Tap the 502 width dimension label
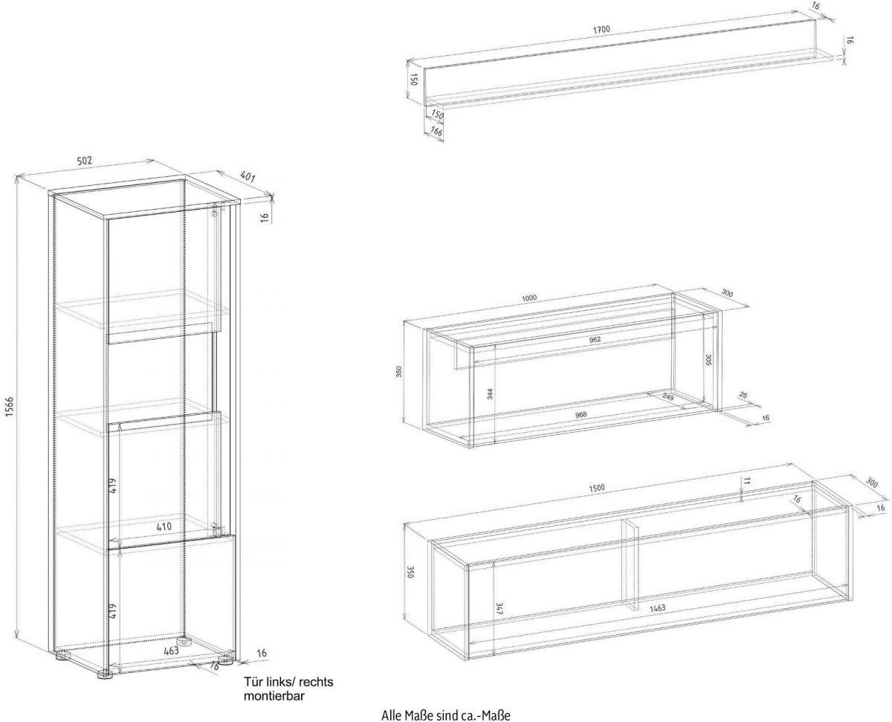pyautogui.click(x=84, y=161)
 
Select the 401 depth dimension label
pyautogui.click(x=248, y=177)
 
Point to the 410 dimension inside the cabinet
pyautogui.click(x=164, y=527)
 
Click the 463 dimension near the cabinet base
pyautogui.click(x=171, y=651)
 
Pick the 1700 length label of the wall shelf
pyautogui.click(x=601, y=30)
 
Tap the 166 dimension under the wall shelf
pyautogui.click(x=436, y=131)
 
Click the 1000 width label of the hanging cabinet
pyautogui.click(x=529, y=298)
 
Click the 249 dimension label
pyautogui.click(x=668, y=396)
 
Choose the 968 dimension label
pyautogui.click(x=581, y=414)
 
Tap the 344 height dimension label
pyautogui.click(x=491, y=393)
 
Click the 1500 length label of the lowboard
pyautogui.click(x=596, y=488)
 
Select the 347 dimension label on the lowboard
pyautogui.click(x=500, y=608)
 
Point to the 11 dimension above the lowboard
pyautogui.click(x=746, y=481)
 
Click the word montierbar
pyautogui.click(x=274, y=696)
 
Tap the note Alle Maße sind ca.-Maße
pyautogui.click(x=445, y=715)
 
